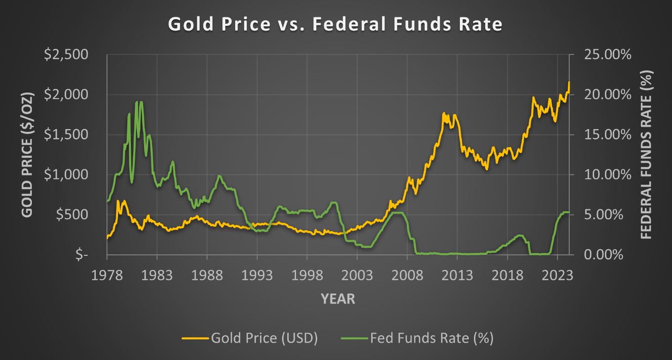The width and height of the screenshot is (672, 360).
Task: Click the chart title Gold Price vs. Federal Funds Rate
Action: [335, 24]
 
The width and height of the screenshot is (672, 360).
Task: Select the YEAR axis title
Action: [338, 299]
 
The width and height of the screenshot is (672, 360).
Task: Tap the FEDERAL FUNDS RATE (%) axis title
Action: [646, 155]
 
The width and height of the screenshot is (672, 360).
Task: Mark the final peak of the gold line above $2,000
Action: [569, 83]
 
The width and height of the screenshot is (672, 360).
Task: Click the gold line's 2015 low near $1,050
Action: [487, 169]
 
